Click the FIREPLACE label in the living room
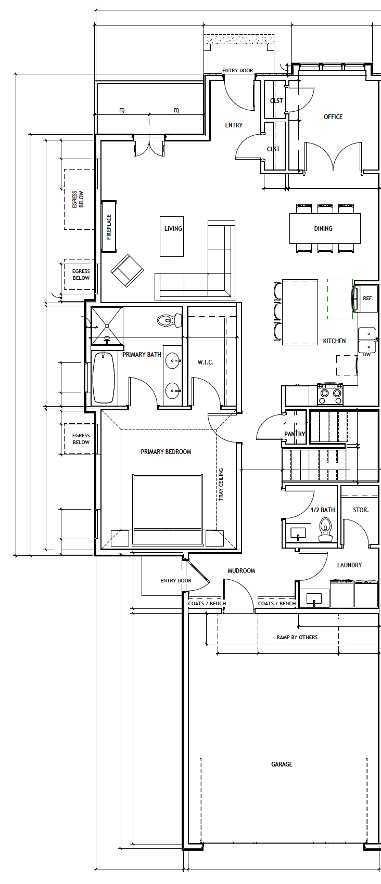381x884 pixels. (109, 227)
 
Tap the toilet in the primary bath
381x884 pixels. (169, 320)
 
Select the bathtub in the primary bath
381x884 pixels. (104, 378)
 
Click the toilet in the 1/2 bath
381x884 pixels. (326, 529)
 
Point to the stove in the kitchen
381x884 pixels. (330, 394)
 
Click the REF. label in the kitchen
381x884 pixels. (368, 298)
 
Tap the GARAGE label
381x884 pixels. (282, 764)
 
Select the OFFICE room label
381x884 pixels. (333, 117)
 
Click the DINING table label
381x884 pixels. (323, 228)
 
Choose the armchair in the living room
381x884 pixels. (127, 271)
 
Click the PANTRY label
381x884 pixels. (295, 434)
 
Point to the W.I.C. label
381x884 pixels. (205, 362)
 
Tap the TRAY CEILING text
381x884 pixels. (221, 484)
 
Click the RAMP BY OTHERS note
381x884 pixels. (297, 637)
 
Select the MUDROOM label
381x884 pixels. (241, 570)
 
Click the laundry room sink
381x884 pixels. (314, 599)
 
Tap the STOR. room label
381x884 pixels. (361, 510)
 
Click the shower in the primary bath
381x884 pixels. (107, 326)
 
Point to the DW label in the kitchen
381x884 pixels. (367, 355)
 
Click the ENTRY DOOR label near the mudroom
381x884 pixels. (176, 580)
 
